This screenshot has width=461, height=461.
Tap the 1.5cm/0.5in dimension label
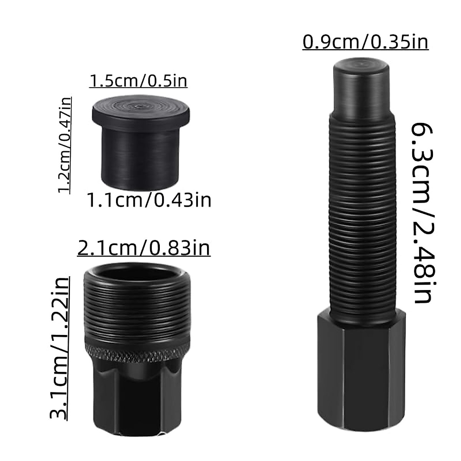[x=138, y=81]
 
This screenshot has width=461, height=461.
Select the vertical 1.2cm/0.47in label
[x=65, y=145]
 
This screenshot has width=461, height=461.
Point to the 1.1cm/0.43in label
[x=149, y=200]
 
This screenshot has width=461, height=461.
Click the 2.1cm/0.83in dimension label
[x=144, y=249]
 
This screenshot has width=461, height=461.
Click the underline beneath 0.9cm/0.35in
[x=365, y=50]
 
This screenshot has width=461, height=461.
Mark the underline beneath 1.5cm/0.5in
[x=138, y=88]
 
